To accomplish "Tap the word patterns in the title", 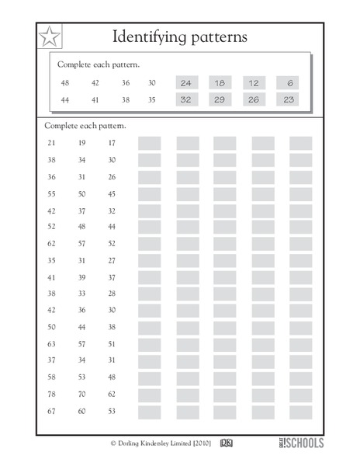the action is pos(222,36).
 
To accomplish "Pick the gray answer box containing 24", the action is pos(185,83).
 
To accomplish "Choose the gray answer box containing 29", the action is pos(220,99).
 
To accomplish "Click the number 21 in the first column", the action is pos(52,143).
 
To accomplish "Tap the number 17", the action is pos(112,143).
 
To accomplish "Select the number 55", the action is pos(52,194).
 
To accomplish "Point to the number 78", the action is pos(52,394).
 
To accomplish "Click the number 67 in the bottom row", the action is pos(52,411).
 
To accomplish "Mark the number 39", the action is pos(82,277).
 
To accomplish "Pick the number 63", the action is pos(52,343).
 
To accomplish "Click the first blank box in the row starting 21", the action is pos(149,143).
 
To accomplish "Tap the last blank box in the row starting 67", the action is pos(300,412).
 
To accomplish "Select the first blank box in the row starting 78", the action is pos(149,395).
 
